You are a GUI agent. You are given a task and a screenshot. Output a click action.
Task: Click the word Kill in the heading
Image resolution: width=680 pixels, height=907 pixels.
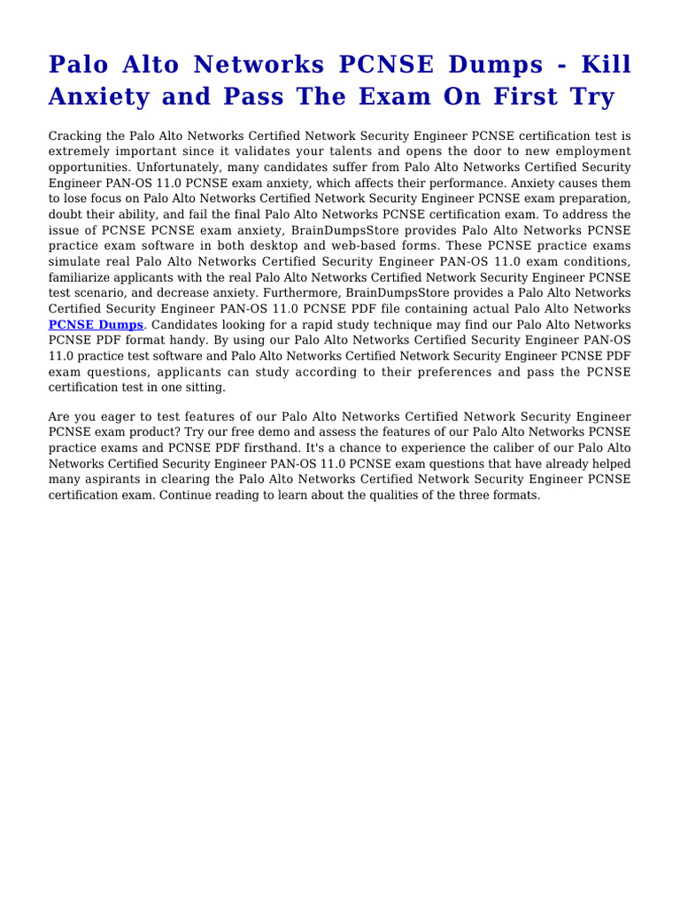(x=604, y=65)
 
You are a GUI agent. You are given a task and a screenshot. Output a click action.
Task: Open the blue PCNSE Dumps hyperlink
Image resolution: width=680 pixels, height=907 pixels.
(x=96, y=324)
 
